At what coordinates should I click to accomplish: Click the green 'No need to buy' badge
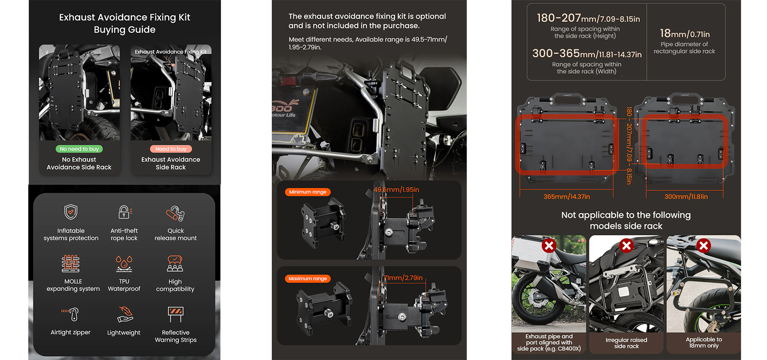point(79,149)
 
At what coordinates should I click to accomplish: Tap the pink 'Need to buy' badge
point(171,149)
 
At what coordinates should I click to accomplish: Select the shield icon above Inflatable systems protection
point(71,212)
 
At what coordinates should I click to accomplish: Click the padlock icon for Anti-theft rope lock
point(124,212)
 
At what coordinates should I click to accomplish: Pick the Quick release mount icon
point(175,213)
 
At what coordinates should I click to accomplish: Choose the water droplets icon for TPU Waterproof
point(124,264)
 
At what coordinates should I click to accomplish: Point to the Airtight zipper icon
point(70,314)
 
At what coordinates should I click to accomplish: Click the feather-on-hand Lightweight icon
point(124,314)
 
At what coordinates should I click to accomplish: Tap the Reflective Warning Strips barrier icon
point(175,314)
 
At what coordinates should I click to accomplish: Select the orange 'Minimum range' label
point(307,192)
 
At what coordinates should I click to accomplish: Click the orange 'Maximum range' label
point(307,279)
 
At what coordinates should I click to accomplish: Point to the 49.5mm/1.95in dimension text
point(396,190)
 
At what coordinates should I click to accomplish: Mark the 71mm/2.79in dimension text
point(403,278)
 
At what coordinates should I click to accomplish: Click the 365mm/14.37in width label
point(567,197)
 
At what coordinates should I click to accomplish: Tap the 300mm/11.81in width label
point(686,197)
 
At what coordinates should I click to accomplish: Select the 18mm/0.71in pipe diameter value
point(685,34)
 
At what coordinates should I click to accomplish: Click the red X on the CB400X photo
point(549,245)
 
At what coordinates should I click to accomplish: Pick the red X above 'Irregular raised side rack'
point(626,245)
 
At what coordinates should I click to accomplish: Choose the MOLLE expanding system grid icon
point(71,263)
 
